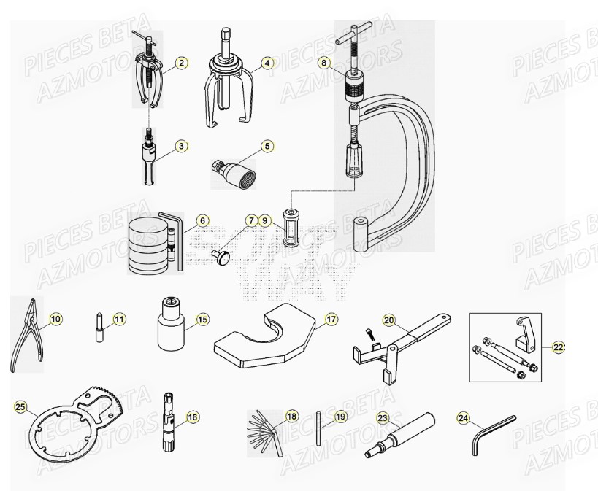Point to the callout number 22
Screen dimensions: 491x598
coord(559,348)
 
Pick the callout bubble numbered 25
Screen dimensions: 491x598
coord(20,406)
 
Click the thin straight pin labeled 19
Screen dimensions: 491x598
coord(320,429)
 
